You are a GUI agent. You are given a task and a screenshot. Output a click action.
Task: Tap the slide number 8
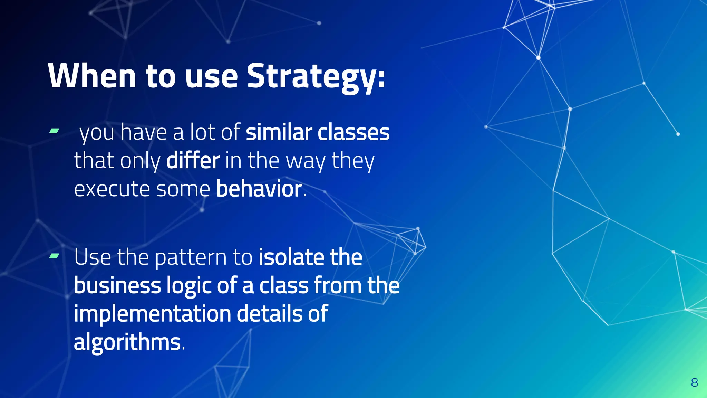click(x=695, y=383)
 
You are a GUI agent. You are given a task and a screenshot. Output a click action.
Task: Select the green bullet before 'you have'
click(x=54, y=131)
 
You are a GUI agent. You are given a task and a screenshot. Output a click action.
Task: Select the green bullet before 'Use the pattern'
click(x=54, y=256)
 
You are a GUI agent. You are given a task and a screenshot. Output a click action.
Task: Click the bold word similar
click(x=279, y=132)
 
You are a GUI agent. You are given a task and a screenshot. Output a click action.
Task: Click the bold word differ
click(x=193, y=161)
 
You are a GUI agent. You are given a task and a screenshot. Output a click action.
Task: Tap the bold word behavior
click(x=259, y=189)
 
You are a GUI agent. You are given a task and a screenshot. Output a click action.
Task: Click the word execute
click(x=112, y=190)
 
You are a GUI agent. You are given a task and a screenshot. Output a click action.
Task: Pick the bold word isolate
click(x=291, y=257)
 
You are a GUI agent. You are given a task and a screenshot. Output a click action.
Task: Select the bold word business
click(x=117, y=286)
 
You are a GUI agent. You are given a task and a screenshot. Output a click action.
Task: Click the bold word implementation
click(x=152, y=314)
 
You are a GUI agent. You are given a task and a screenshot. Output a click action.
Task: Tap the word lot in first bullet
click(x=203, y=132)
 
